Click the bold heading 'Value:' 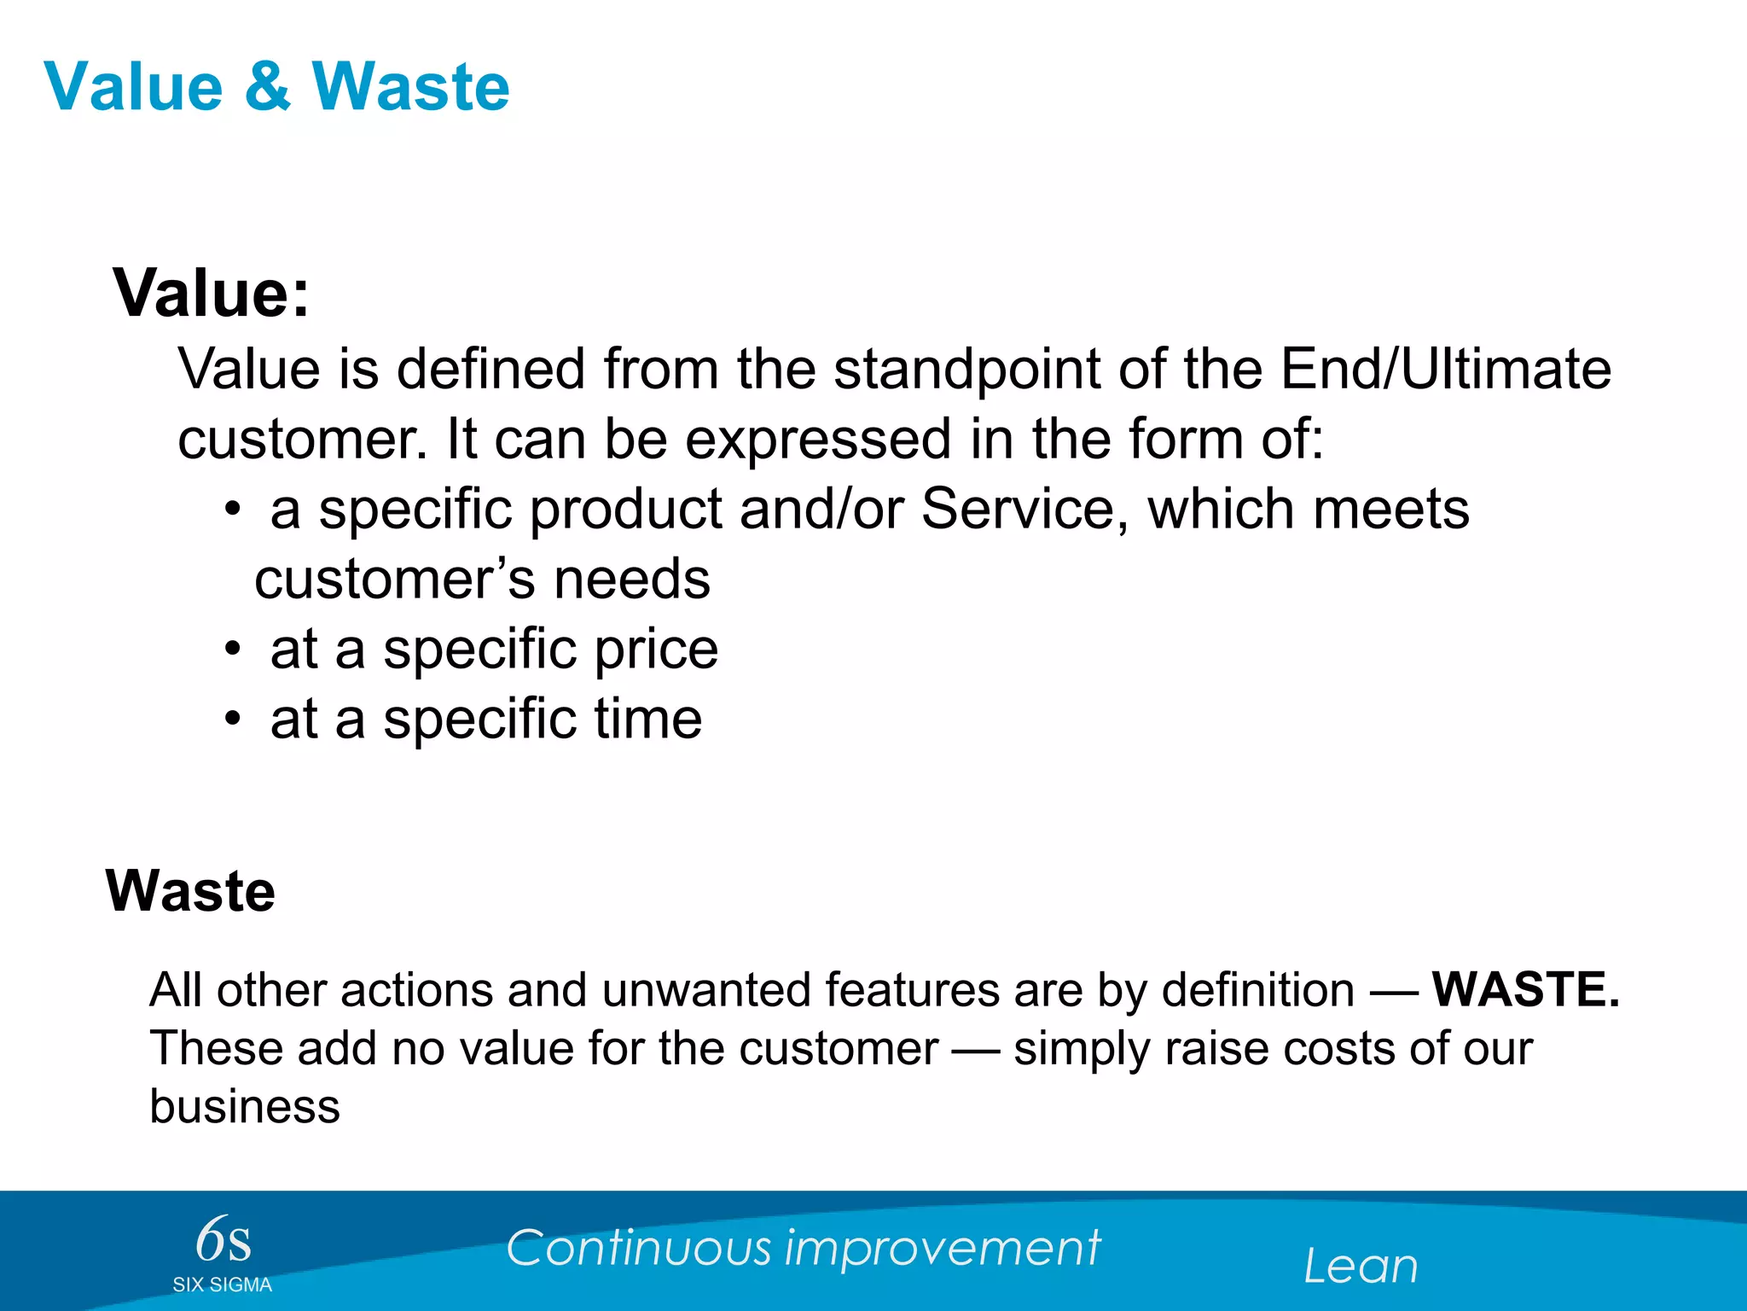[x=212, y=293]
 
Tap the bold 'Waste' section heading [x=190, y=891]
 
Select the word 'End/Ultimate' [x=1446, y=369]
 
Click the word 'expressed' [x=818, y=439]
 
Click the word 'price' [x=656, y=650]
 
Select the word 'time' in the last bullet [x=648, y=719]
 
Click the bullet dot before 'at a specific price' [x=233, y=650]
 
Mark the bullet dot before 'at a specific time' [x=233, y=720]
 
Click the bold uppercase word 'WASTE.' [x=1525, y=990]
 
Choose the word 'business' [x=245, y=1107]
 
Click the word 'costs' [x=1338, y=1049]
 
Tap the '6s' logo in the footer [x=223, y=1240]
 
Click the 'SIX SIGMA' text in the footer [x=222, y=1285]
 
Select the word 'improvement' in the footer [x=943, y=1249]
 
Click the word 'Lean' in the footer [x=1361, y=1266]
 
